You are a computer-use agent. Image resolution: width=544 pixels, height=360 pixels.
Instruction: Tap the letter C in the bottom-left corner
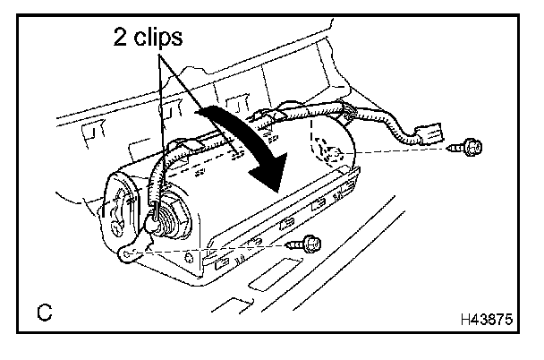pos(43,314)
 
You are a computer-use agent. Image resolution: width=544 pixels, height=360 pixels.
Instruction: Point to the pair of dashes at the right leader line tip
pos(236,153)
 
